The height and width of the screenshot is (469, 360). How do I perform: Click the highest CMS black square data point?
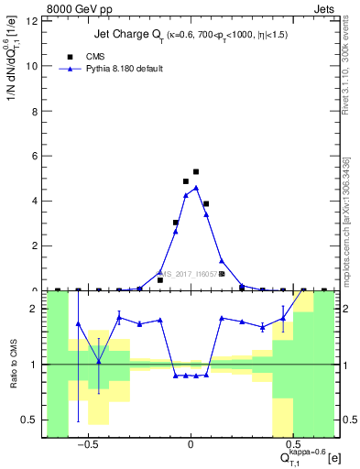click(196, 171)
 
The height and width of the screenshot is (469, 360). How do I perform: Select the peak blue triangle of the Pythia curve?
click(196, 188)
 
